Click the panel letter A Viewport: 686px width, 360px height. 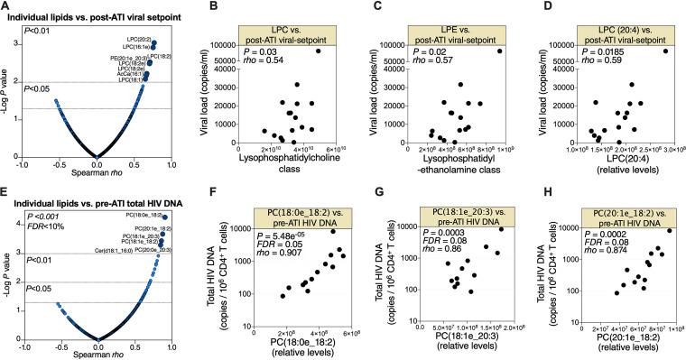(x=6, y=7)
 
